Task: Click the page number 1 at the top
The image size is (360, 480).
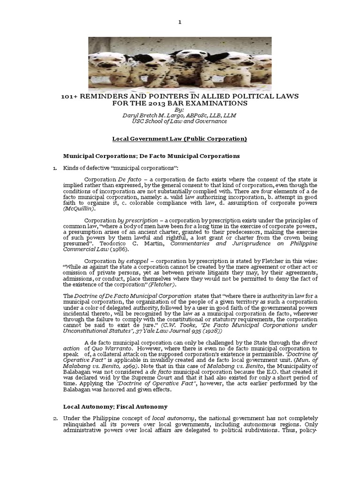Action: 180,22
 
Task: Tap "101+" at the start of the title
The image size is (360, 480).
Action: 71,96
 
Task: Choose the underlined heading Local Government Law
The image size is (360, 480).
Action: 180,139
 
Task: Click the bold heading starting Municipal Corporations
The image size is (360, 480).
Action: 151,155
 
